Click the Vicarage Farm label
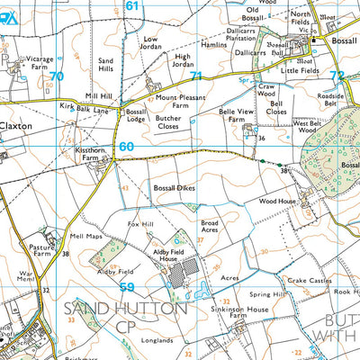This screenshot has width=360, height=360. tap(25, 60)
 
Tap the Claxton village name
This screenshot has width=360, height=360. tap(15, 127)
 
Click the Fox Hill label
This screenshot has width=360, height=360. tap(141, 223)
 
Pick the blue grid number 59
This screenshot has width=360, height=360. tap(128, 287)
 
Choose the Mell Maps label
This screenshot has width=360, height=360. tap(85, 238)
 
